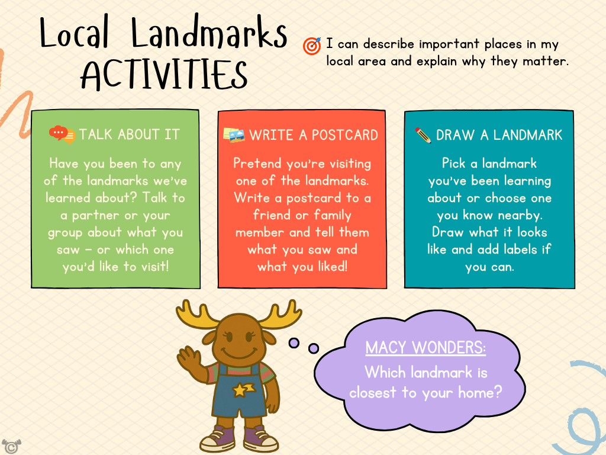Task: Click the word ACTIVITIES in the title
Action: coord(164,75)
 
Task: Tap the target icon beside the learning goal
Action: coord(311,46)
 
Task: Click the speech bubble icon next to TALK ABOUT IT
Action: coord(62,134)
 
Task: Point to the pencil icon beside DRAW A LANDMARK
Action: coord(423,135)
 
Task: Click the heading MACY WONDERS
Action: coord(426,348)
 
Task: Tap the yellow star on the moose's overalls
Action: coord(241,389)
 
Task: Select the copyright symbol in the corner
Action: coord(9,446)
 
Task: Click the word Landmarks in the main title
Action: coord(209,35)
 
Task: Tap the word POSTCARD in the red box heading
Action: coord(344,135)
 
